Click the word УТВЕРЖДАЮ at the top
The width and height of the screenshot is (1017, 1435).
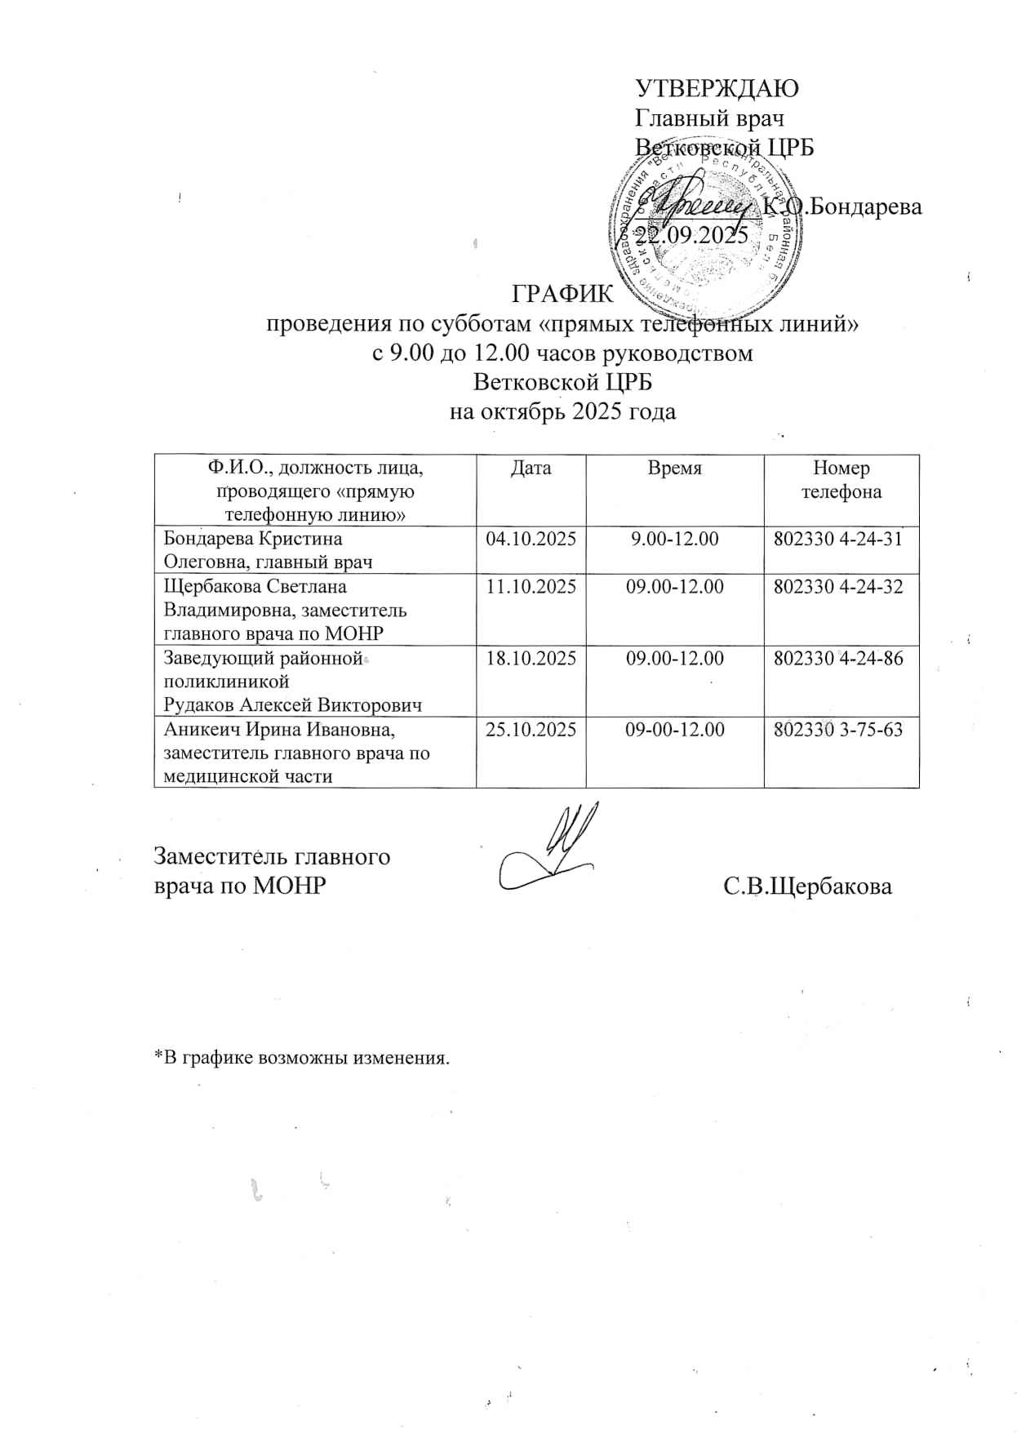(x=716, y=87)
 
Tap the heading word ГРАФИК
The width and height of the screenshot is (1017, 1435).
(x=561, y=292)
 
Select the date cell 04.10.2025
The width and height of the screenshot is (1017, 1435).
(x=531, y=539)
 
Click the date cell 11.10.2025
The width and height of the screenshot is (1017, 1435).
(x=531, y=586)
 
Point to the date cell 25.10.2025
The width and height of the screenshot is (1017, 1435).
(x=531, y=730)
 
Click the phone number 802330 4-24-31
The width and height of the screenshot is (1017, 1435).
(x=841, y=539)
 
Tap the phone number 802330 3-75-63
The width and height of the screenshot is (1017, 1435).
(x=841, y=730)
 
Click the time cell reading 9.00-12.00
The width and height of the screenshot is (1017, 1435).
(x=674, y=539)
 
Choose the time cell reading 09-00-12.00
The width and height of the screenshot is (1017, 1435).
(x=674, y=730)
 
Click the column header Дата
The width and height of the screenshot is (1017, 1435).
(x=531, y=469)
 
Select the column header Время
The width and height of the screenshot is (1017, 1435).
(x=674, y=469)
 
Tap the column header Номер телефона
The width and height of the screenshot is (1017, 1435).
(x=841, y=480)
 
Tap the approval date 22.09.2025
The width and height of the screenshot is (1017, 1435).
(x=692, y=236)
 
